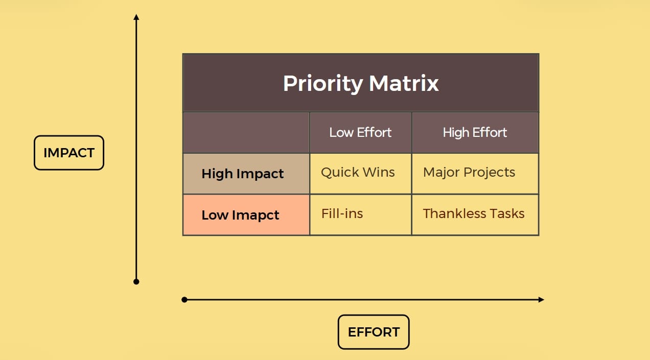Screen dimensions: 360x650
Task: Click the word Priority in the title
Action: [x=322, y=84]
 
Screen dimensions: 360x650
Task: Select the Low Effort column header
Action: [x=360, y=133]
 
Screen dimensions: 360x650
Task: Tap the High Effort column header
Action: [x=475, y=133]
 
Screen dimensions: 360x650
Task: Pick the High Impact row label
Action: [x=243, y=174]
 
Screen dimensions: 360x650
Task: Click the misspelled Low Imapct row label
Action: [x=240, y=215]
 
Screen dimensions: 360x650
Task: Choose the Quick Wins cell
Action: [x=358, y=173]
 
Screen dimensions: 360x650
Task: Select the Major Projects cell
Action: [x=469, y=173]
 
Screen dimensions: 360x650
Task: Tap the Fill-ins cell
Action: [x=342, y=213]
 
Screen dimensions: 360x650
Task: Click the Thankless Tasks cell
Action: [x=474, y=213]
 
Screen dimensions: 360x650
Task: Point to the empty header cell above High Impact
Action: [x=246, y=133]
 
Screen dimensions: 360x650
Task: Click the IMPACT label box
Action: [x=69, y=153]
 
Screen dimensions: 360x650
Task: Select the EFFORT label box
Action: [x=374, y=332]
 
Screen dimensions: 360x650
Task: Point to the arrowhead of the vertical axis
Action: [x=136, y=17]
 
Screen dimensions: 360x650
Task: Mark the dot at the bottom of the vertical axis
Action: [x=136, y=281]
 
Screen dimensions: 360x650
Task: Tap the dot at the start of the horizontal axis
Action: [x=184, y=300]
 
